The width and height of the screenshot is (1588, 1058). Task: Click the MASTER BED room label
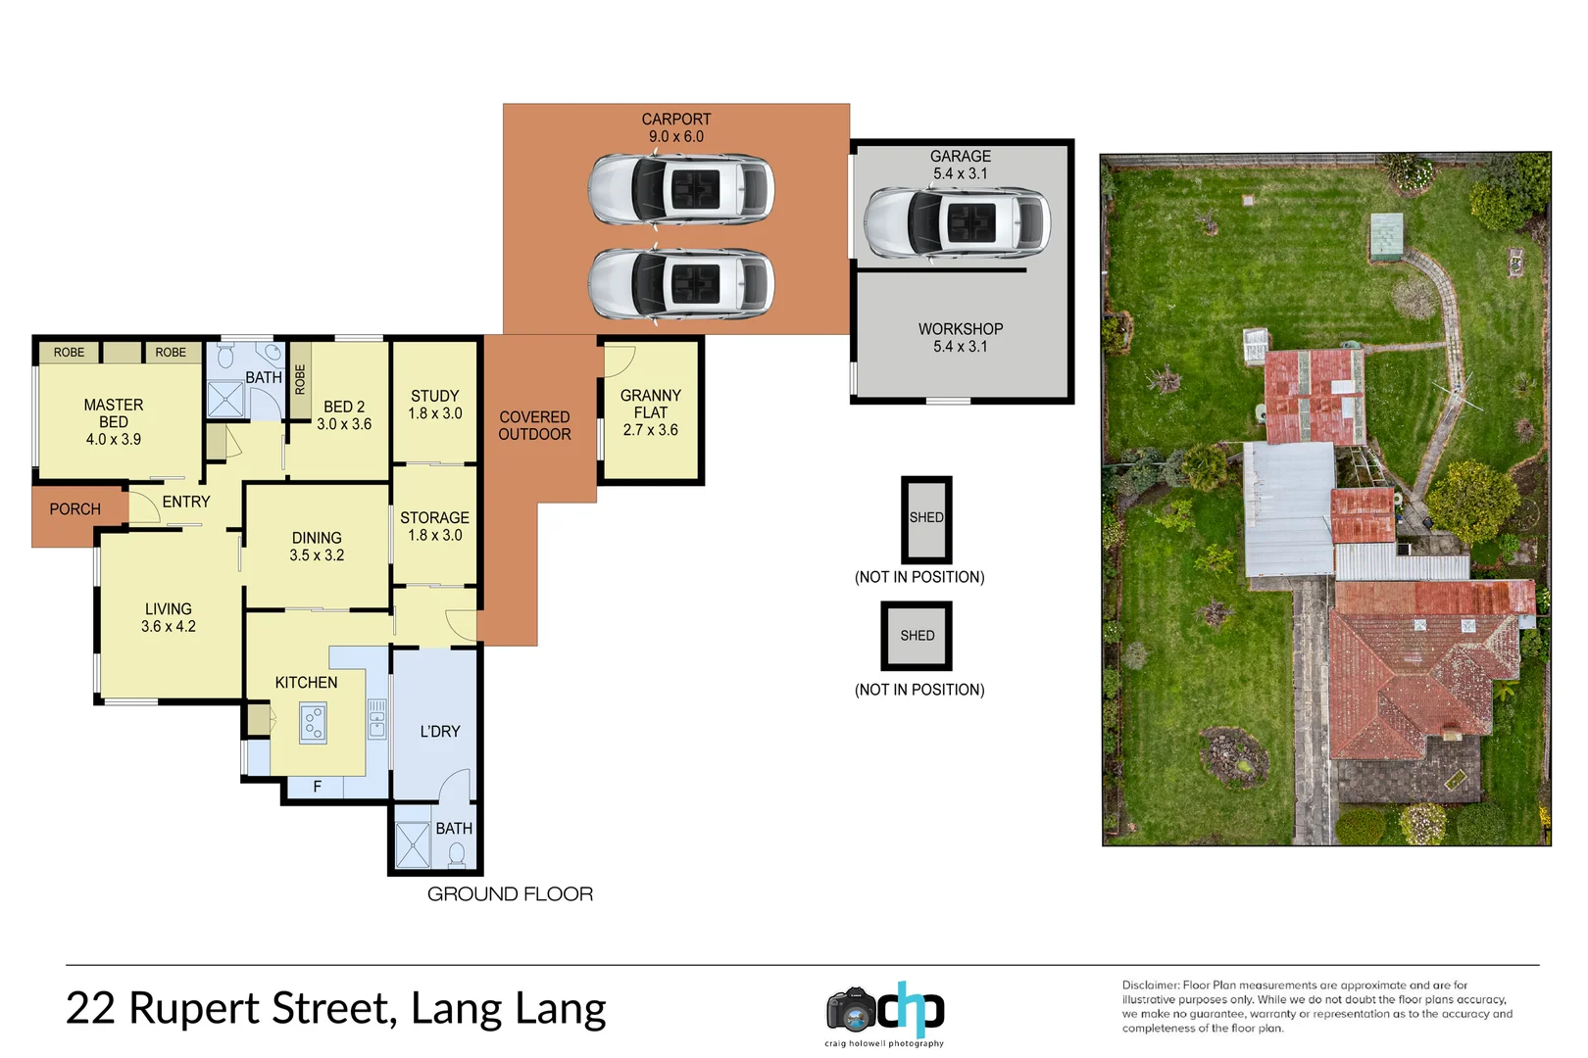113,421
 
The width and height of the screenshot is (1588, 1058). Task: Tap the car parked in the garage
957,222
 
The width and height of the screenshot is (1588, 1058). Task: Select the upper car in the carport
681,188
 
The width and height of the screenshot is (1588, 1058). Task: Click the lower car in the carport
681,283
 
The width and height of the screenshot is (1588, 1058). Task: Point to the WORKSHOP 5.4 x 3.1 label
960,338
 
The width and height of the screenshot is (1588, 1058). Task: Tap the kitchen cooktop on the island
313,724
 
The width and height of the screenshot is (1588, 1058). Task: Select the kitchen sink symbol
376,718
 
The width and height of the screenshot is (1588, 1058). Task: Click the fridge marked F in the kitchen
317,787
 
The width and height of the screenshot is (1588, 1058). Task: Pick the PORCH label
74,509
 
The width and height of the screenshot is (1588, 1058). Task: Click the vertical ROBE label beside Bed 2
300,379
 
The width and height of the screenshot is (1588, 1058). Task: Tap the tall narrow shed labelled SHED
926,519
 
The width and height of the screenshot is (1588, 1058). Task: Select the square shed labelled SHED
917,636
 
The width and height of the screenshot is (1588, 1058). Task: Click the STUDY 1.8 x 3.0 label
434,405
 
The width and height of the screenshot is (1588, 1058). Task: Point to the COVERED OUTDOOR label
534,425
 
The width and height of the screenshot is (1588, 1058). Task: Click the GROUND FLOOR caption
510,893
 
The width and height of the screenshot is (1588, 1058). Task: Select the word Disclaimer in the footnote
1150,986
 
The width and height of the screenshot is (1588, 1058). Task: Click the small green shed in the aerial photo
1386,236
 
